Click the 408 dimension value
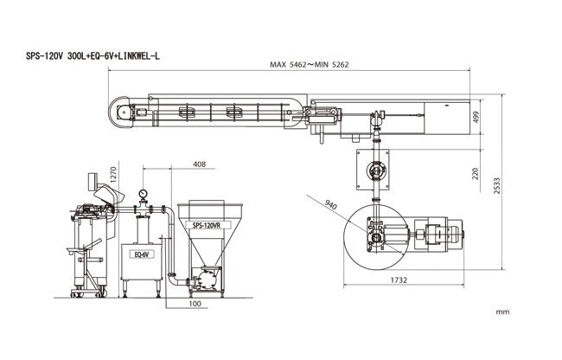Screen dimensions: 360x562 tap(199, 164)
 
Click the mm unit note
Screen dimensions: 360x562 tap(502, 309)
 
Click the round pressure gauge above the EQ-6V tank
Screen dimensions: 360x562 tap(141, 193)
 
